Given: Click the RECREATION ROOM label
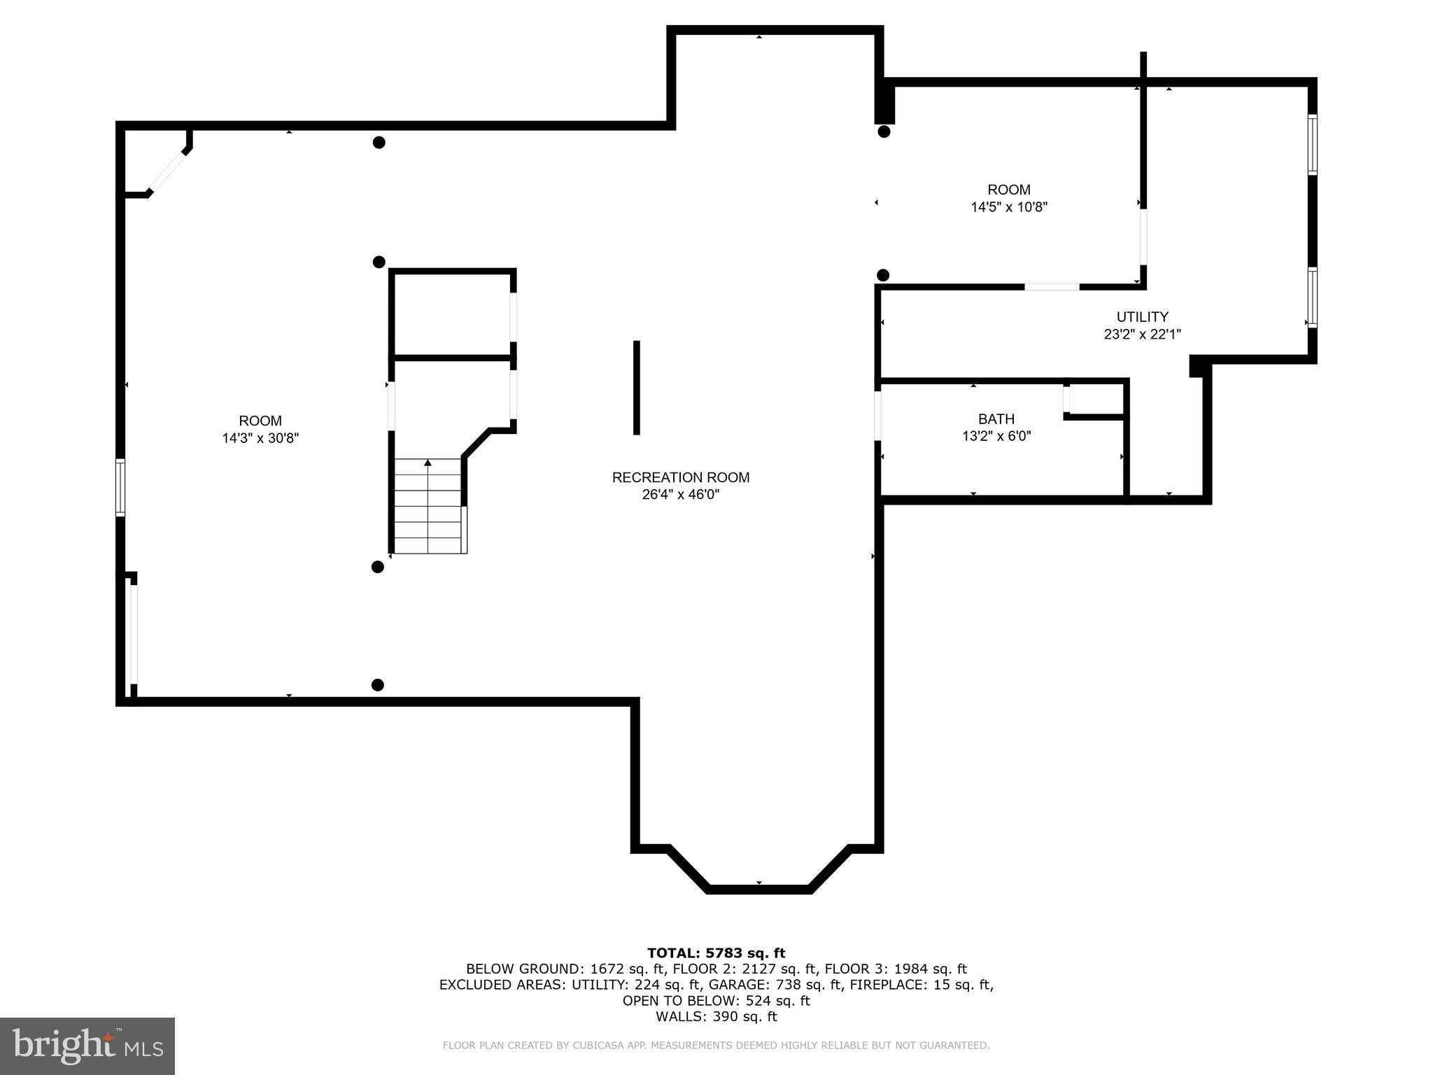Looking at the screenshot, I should pyautogui.click(x=680, y=477).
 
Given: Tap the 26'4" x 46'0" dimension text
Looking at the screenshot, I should pyautogui.click(x=680, y=495).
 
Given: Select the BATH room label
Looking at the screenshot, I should pyautogui.click(x=996, y=419).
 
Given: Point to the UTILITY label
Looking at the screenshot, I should pyautogui.click(x=1142, y=317).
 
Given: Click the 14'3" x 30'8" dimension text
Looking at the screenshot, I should pyautogui.click(x=260, y=438).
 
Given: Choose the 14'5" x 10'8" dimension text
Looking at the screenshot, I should pyautogui.click(x=1008, y=207).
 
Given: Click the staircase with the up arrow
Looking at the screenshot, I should pyautogui.click(x=428, y=505).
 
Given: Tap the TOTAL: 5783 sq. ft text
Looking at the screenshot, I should pyautogui.click(x=716, y=953).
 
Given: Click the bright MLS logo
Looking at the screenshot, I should pyautogui.click(x=87, y=1046).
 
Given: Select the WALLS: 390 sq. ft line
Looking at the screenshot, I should pyautogui.click(x=716, y=1017).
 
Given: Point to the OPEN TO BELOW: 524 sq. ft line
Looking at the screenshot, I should pyautogui.click(x=716, y=1001).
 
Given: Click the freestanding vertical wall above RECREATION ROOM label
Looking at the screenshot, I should pyautogui.click(x=636, y=387).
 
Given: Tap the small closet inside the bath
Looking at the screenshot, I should pyautogui.click(x=1095, y=399).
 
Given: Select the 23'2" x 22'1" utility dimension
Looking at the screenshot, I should pyautogui.click(x=1142, y=335).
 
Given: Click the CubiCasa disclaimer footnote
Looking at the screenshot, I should pyautogui.click(x=716, y=1046).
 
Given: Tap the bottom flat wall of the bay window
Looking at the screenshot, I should pyautogui.click(x=758, y=890).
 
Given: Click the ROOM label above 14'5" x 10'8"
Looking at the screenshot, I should pyautogui.click(x=1008, y=190).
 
